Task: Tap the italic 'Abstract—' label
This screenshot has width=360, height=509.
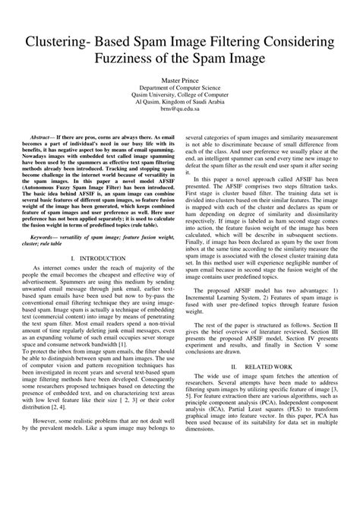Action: (43, 131)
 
